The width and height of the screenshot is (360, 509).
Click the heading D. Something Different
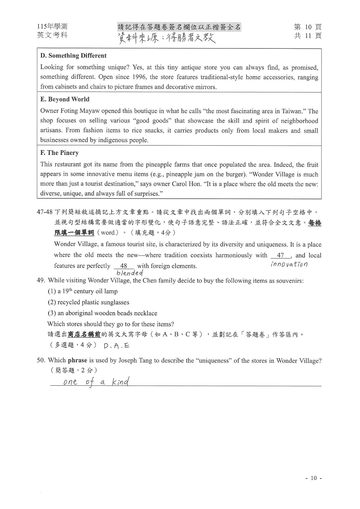73,56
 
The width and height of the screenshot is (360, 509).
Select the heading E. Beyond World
65,99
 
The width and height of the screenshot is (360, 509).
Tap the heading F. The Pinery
59,153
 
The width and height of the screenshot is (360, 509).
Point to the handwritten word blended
129,273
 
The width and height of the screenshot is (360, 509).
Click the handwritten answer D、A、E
116,345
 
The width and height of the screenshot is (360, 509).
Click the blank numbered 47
280,256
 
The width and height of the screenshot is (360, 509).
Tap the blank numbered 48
124,266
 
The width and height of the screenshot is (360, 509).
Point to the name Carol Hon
187,184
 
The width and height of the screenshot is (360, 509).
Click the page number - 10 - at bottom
314,478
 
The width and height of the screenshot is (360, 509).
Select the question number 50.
41,361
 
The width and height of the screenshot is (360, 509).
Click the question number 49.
41,280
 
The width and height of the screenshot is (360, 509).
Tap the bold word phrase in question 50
77,361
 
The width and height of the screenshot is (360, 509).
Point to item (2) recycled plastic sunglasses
88,302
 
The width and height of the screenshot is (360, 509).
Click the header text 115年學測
52,27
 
